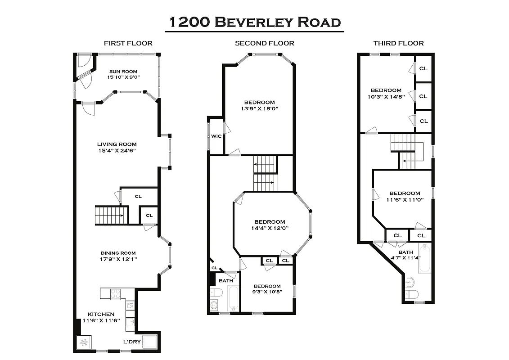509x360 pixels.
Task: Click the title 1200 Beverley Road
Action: coord(254,21)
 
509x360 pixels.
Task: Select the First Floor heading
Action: coord(128,44)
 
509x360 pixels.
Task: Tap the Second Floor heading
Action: coord(264,44)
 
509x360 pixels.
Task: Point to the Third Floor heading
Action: coord(398,44)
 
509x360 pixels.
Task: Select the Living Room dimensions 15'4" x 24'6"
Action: coord(117,151)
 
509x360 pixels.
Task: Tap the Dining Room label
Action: coord(118,253)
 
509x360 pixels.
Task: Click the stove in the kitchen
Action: coord(116,294)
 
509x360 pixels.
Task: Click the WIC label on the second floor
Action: coord(216,136)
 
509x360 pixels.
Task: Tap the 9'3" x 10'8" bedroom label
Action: coord(267,289)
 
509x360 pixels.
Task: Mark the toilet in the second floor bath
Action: coord(216,293)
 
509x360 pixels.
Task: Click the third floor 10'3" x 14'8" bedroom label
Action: coord(386,93)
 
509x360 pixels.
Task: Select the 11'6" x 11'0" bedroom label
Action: coord(405,196)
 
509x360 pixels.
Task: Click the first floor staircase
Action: coord(110,215)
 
